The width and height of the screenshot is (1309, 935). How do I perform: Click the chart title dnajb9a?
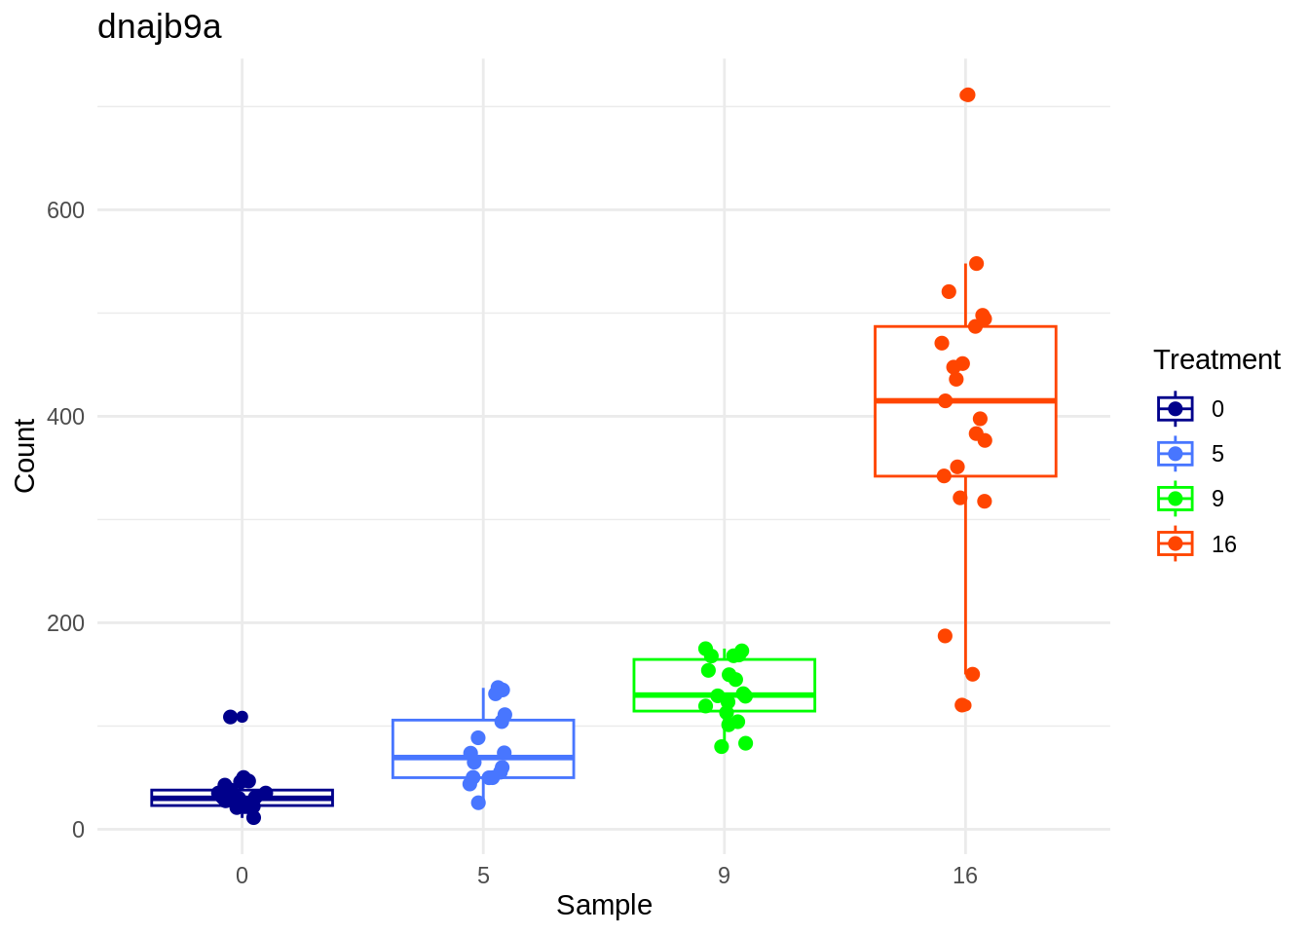(x=160, y=27)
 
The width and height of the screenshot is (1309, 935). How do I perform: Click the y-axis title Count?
(x=25, y=455)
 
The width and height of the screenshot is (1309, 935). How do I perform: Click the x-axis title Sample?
(x=604, y=905)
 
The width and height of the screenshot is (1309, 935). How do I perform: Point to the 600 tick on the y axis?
(x=65, y=210)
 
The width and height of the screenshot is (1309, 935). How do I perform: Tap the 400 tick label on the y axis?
(x=65, y=417)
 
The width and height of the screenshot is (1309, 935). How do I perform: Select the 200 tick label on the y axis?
(x=65, y=623)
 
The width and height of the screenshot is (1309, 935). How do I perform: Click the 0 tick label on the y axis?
(x=78, y=830)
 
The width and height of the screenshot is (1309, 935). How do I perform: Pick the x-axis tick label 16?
(x=965, y=876)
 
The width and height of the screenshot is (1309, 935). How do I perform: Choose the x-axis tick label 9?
(x=724, y=876)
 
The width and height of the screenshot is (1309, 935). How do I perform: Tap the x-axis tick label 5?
(x=483, y=876)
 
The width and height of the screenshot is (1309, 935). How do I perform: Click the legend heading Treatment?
(x=1216, y=359)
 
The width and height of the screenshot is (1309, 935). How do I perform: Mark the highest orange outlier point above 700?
(x=967, y=94)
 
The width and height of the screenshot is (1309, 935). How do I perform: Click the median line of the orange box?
(x=965, y=400)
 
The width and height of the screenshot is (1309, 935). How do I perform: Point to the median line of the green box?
(x=724, y=694)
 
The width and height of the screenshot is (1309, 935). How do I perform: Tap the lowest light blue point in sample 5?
(x=478, y=803)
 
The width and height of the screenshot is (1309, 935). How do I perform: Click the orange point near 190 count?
(x=945, y=636)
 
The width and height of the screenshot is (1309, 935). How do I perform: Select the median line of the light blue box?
(x=483, y=757)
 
